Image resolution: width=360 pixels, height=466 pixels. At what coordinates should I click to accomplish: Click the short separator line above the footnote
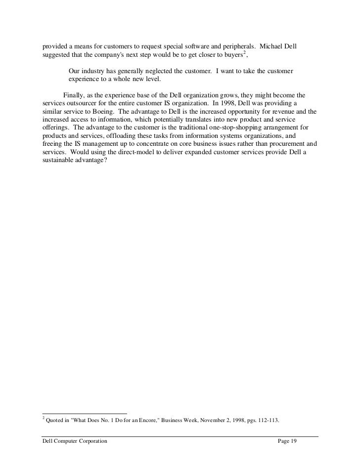pos(85,413)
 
